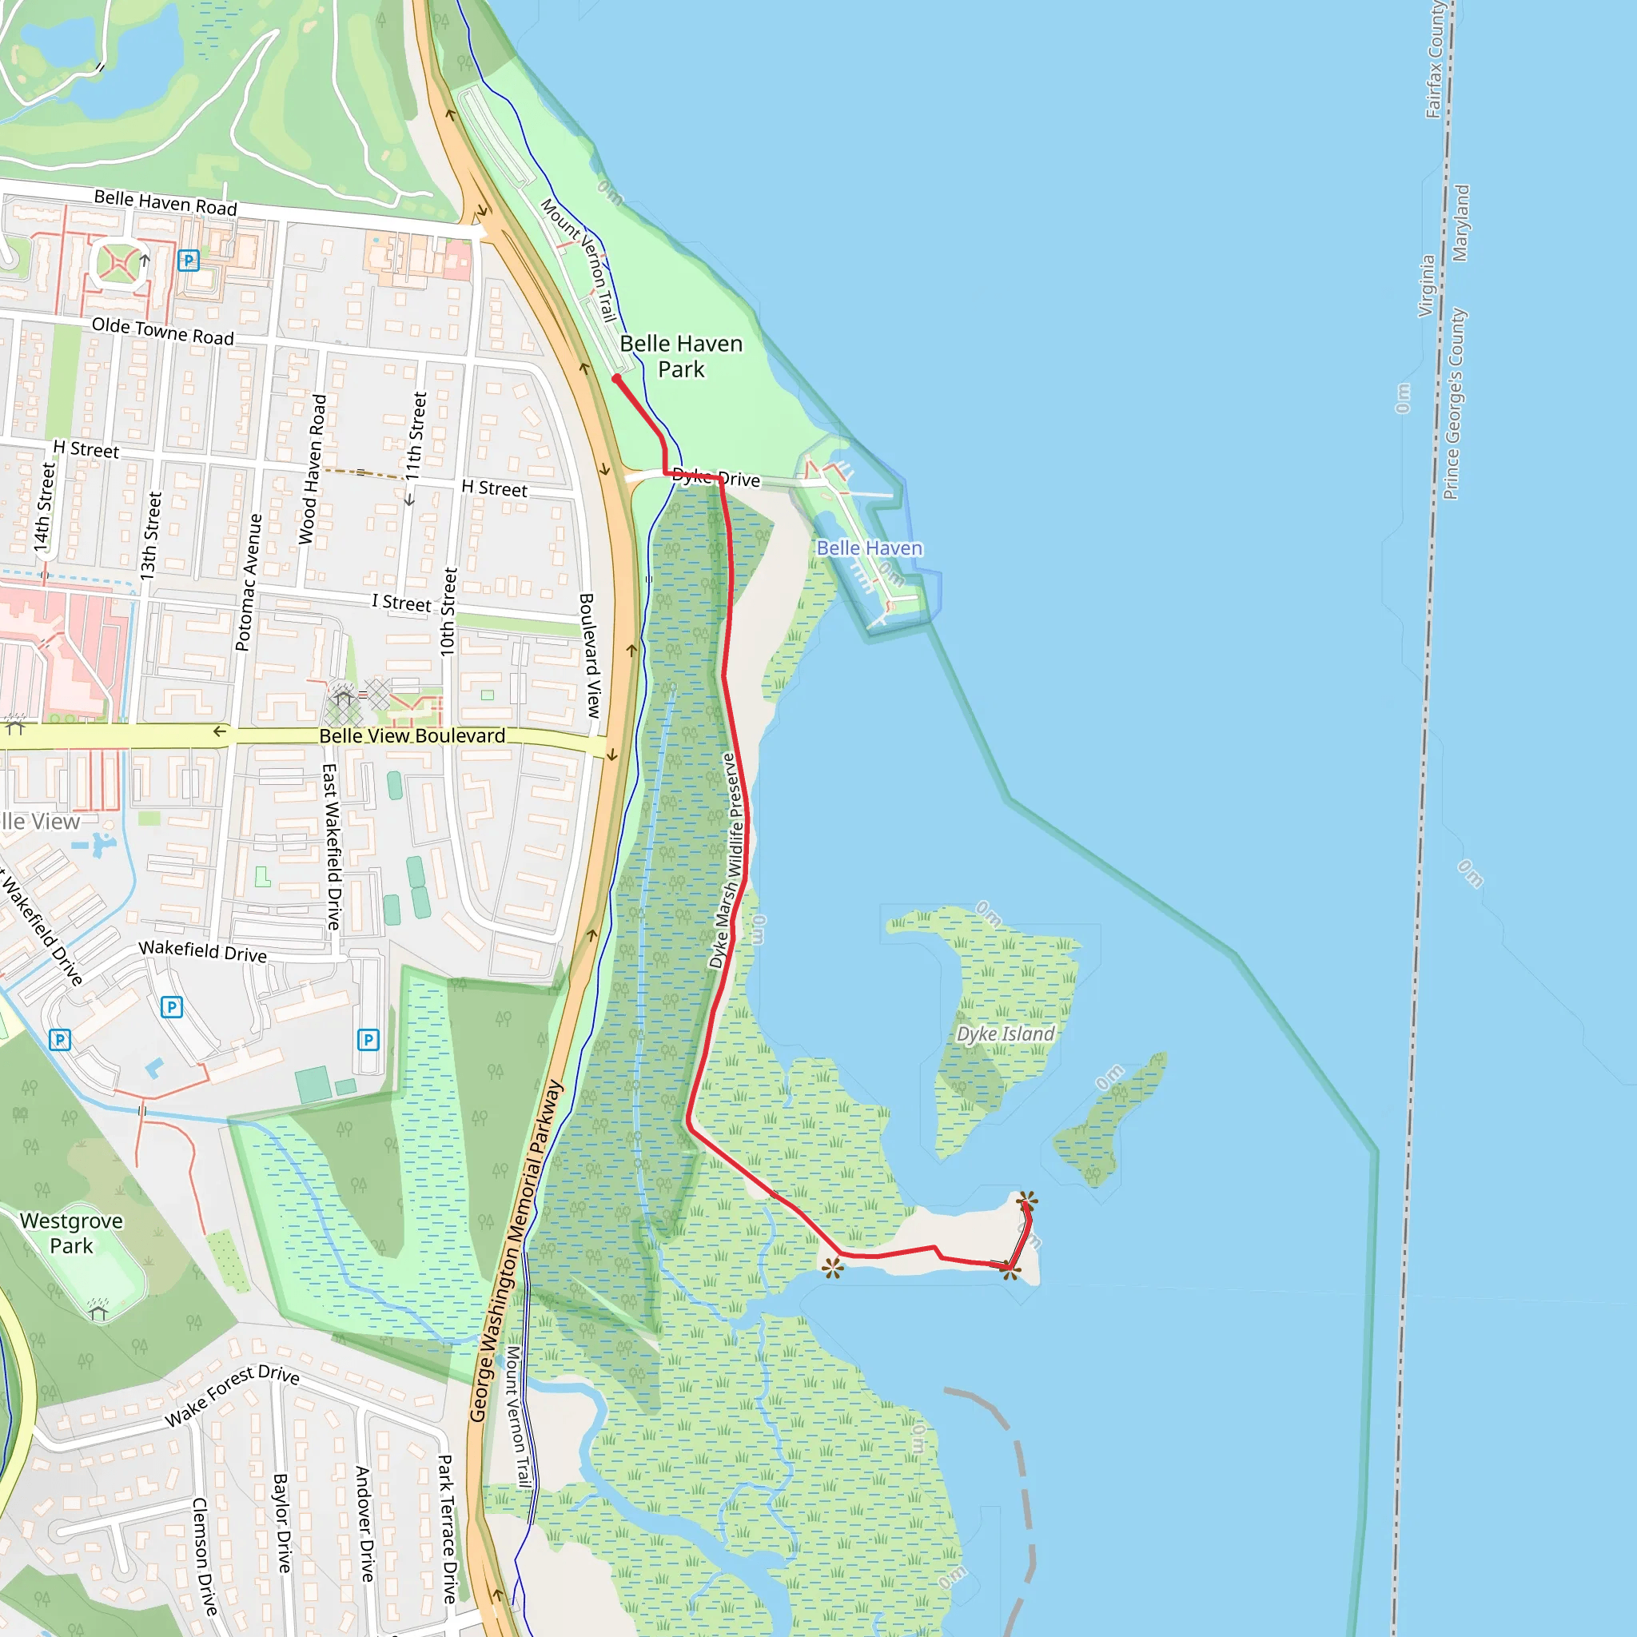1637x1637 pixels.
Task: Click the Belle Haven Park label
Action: pos(681,356)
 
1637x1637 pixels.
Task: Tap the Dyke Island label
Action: pos(1005,1034)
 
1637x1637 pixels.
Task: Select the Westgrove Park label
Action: pos(71,1233)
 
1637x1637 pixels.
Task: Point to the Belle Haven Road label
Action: pos(165,202)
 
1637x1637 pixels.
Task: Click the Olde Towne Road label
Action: pos(163,331)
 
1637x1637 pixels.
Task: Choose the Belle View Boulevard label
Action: pos(412,735)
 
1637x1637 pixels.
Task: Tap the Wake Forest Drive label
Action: pos(231,1396)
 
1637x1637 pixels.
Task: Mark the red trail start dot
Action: pos(617,379)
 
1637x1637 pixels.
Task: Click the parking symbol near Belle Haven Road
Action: pos(188,260)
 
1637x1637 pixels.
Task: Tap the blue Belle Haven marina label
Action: pos(870,548)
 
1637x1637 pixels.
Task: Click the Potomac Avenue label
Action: pos(249,582)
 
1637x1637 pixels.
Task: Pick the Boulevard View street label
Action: pos(590,655)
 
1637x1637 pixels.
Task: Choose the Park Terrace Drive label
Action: pos(448,1528)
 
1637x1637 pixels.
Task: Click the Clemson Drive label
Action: pos(204,1555)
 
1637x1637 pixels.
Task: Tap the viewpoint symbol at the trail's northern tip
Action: pos(1027,1200)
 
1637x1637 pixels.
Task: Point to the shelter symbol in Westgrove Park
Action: pos(98,1312)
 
